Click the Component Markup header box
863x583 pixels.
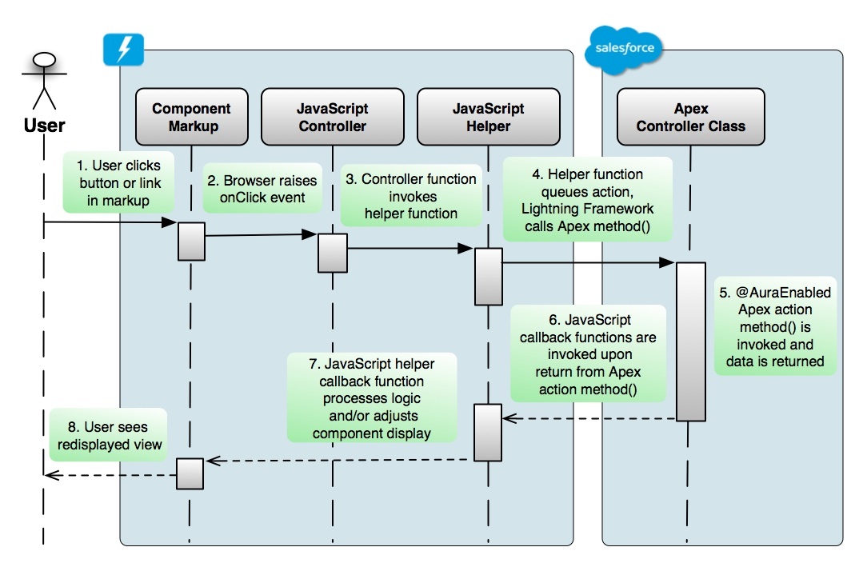[x=191, y=117]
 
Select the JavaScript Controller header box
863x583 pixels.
[x=333, y=117]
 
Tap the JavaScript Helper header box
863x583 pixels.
[x=488, y=117]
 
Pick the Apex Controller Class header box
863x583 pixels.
[x=691, y=117]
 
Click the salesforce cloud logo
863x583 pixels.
[x=624, y=49]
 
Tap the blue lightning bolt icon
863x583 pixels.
[x=124, y=50]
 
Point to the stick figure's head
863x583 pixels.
[x=45, y=59]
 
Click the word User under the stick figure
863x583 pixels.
[x=44, y=126]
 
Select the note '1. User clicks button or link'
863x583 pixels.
[x=119, y=182]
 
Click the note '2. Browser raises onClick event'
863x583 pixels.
[x=262, y=188]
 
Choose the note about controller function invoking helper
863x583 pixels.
[x=411, y=195]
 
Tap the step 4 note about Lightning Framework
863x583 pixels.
[x=587, y=199]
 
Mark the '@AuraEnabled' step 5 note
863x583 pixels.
[x=775, y=326]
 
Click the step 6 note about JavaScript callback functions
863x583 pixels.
[x=588, y=354]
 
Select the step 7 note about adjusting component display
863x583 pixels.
[x=372, y=397]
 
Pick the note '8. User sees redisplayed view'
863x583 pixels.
[x=109, y=435]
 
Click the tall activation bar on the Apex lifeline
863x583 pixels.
[x=691, y=341]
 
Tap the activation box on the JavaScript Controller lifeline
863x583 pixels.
[x=333, y=253]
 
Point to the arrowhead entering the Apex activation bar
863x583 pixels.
[x=667, y=262]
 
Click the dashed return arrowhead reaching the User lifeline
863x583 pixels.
[x=52, y=474]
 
